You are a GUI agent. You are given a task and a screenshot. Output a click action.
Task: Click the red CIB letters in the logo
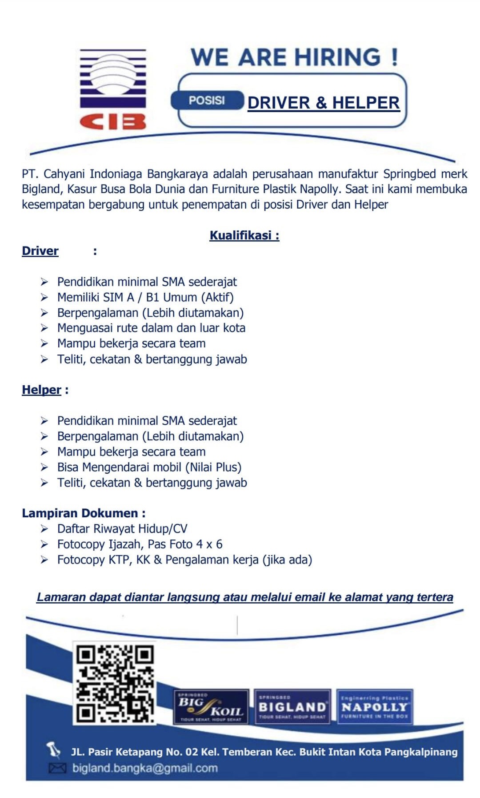click(113, 121)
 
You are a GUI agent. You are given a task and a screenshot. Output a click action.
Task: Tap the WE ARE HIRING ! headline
click(294, 57)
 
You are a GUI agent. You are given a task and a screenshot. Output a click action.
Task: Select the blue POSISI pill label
click(207, 101)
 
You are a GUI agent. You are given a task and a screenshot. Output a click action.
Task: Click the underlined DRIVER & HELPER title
click(324, 103)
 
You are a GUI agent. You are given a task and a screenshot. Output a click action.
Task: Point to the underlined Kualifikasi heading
click(244, 235)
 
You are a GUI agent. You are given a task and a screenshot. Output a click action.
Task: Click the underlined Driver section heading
click(40, 251)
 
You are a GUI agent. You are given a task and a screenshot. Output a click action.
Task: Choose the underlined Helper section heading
click(41, 390)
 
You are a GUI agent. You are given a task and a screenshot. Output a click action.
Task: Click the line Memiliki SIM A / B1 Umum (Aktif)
click(145, 297)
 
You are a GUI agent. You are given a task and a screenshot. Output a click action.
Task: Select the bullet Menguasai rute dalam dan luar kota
click(151, 328)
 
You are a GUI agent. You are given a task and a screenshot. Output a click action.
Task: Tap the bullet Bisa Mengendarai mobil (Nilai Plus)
click(149, 467)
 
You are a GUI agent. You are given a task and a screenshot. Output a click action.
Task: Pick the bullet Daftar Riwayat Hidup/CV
click(122, 528)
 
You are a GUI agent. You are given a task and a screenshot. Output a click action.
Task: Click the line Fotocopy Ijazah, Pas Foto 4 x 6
click(140, 544)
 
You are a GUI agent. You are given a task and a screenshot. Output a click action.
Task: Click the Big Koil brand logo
click(211, 706)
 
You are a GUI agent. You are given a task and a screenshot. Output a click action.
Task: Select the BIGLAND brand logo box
click(292, 706)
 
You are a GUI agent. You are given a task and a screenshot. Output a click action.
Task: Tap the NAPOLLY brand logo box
click(374, 706)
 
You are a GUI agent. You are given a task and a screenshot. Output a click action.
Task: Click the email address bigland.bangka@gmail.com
click(145, 768)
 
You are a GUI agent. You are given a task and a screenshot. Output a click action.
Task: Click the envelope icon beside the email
click(57, 768)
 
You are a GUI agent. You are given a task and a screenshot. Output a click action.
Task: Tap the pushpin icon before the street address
click(54, 750)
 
